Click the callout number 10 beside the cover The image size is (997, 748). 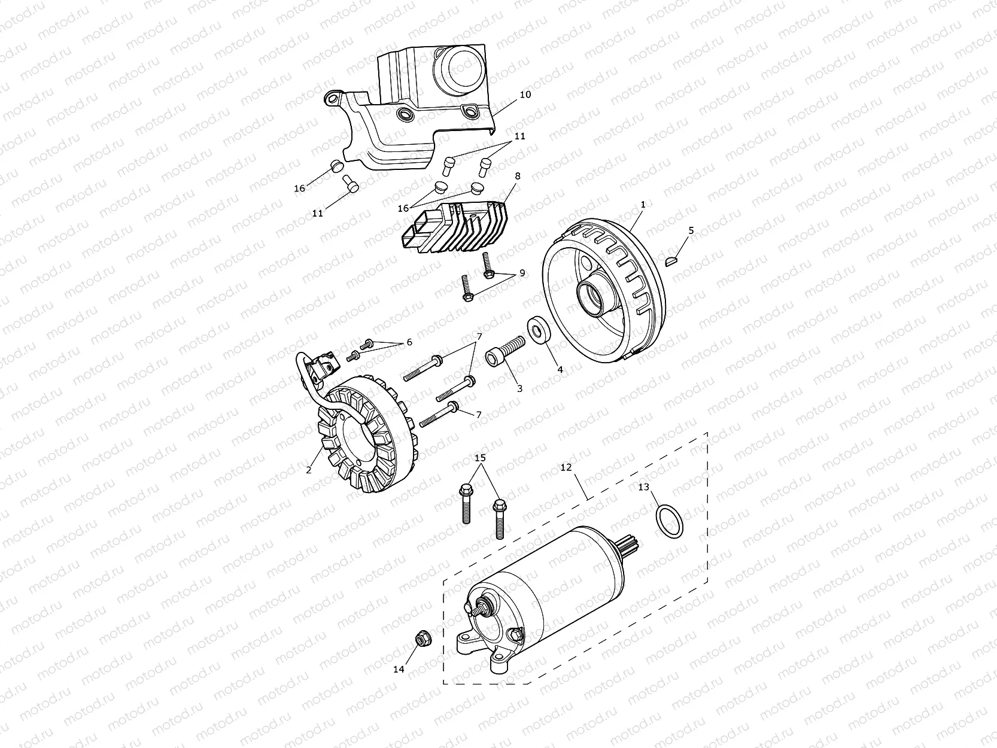tap(525, 95)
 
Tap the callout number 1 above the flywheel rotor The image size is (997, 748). tap(643, 205)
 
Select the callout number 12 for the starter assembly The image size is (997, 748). tap(566, 466)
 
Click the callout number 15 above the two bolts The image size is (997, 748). tap(480, 458)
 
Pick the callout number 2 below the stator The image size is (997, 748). tap(309, 470)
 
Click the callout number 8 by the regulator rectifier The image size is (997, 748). tap(517, 177)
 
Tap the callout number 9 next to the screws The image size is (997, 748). tap(522, 273)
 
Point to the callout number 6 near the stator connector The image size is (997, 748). tap(409, 342)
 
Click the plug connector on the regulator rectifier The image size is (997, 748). tap(421, 230)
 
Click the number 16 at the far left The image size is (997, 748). tap(299, 188)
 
